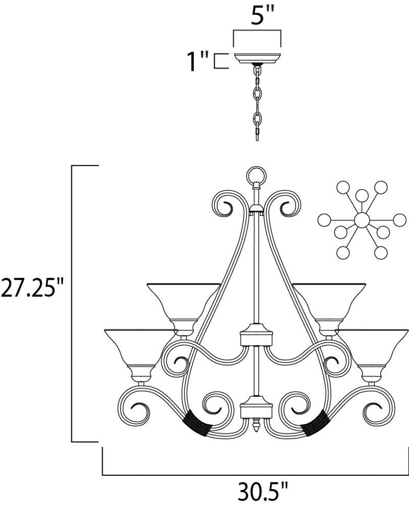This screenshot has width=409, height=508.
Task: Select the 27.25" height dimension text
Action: point(32,287)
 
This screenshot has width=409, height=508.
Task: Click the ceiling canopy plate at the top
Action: point(257,58)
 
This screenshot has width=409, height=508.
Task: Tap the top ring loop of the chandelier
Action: point(257,176)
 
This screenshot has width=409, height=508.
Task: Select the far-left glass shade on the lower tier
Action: point(138,349)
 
